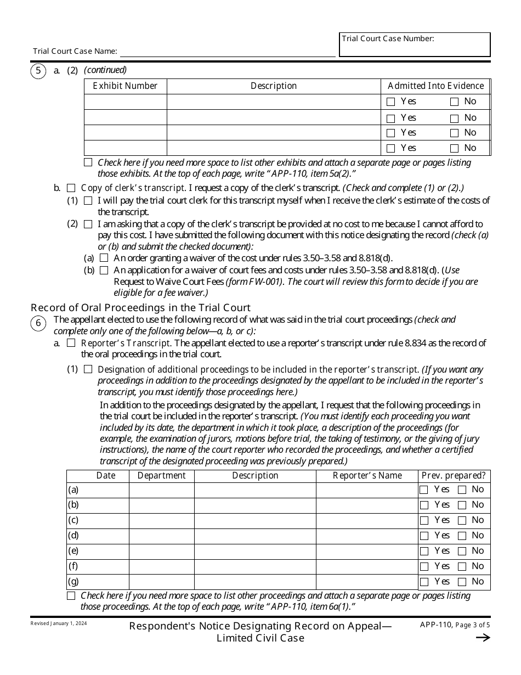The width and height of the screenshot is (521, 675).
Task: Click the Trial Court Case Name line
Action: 227,52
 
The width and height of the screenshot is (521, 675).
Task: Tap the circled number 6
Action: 38,323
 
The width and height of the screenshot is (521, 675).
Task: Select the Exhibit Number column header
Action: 125,86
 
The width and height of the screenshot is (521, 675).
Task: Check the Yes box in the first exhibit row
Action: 390,102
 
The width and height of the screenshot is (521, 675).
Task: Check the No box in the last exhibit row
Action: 454,148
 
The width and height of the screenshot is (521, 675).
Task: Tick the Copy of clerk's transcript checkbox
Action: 71,188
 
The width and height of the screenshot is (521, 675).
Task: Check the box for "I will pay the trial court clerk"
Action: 88,201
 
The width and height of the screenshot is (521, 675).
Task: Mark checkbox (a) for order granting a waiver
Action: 104,258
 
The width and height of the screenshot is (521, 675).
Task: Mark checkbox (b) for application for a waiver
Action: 104,270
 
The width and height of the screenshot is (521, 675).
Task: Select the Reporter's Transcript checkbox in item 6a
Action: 71,343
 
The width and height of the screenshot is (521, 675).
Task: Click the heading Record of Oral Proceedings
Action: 140,308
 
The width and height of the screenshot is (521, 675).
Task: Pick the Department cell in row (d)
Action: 161,536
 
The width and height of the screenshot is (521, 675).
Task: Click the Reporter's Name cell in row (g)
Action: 367,582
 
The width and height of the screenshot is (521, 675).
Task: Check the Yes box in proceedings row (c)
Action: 424,520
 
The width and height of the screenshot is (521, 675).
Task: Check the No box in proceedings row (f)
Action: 462,566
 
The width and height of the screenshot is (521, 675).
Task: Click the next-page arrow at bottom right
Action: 483,638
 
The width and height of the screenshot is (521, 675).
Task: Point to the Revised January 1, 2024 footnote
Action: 59,624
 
